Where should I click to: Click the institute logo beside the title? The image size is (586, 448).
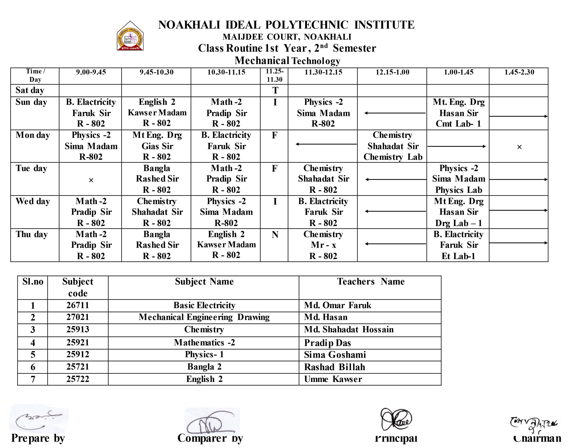(x=130, y=36)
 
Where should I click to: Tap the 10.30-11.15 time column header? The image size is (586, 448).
(x=226, y=72)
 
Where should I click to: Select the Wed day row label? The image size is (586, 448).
(x=33, y=201)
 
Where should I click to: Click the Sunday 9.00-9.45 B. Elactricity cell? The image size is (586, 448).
(x=91, y=113)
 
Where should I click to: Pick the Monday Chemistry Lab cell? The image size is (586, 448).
(x=392, y=146)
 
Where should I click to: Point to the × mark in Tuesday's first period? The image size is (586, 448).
(x=91, y=180)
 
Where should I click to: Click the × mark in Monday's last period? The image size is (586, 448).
(x=519, y=147)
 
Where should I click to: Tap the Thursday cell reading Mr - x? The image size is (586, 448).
(x=323, y=245)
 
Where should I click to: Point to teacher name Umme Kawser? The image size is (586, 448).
(x=333, y=379)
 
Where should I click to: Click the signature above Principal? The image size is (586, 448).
(x=396, y=419)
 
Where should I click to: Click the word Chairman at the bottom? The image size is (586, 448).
(x=537, y=438)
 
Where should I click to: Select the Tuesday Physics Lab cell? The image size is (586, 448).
(x=458, y=179)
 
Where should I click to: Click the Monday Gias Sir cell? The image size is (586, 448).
(x=157, y=146)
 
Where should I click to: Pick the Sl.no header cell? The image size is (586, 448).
(x=33, y=282)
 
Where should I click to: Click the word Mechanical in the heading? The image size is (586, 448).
(x=261, y=61)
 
